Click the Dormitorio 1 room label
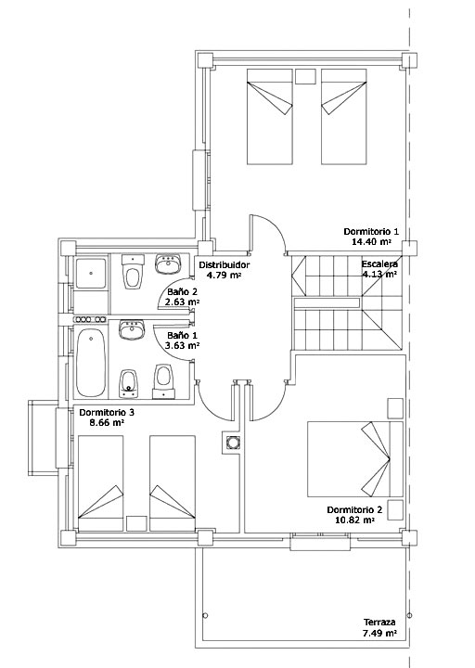pos(371,232)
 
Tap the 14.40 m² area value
pos(371,242)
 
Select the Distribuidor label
pos(225,265)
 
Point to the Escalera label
pos(380,264)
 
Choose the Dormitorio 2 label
pos(354,510)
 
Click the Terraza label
pos(379,623)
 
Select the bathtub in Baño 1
pos(91,363)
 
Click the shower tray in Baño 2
pos(91,273)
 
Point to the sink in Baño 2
pos(168,264)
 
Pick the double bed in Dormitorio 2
pos(355,459)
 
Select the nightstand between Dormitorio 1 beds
pos(305,76)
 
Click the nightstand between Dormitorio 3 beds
pos(136,523)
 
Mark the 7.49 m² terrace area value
pos(380,633)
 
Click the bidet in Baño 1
pos(128,383)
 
